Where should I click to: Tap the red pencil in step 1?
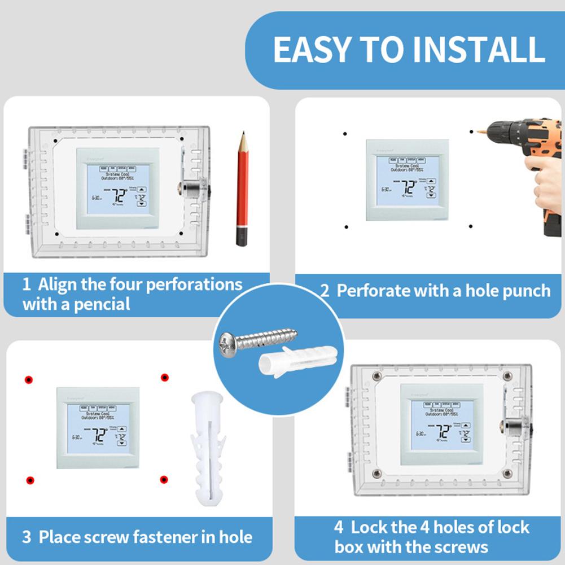pos(243,181)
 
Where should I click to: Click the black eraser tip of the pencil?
pos(242,236)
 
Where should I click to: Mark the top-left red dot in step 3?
pos(28,379)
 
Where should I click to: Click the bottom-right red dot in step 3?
pos(164,480)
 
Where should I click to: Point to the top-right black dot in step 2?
pos(471,132)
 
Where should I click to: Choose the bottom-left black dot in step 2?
pos(346,227)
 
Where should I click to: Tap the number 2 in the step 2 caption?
pos(325,291)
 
